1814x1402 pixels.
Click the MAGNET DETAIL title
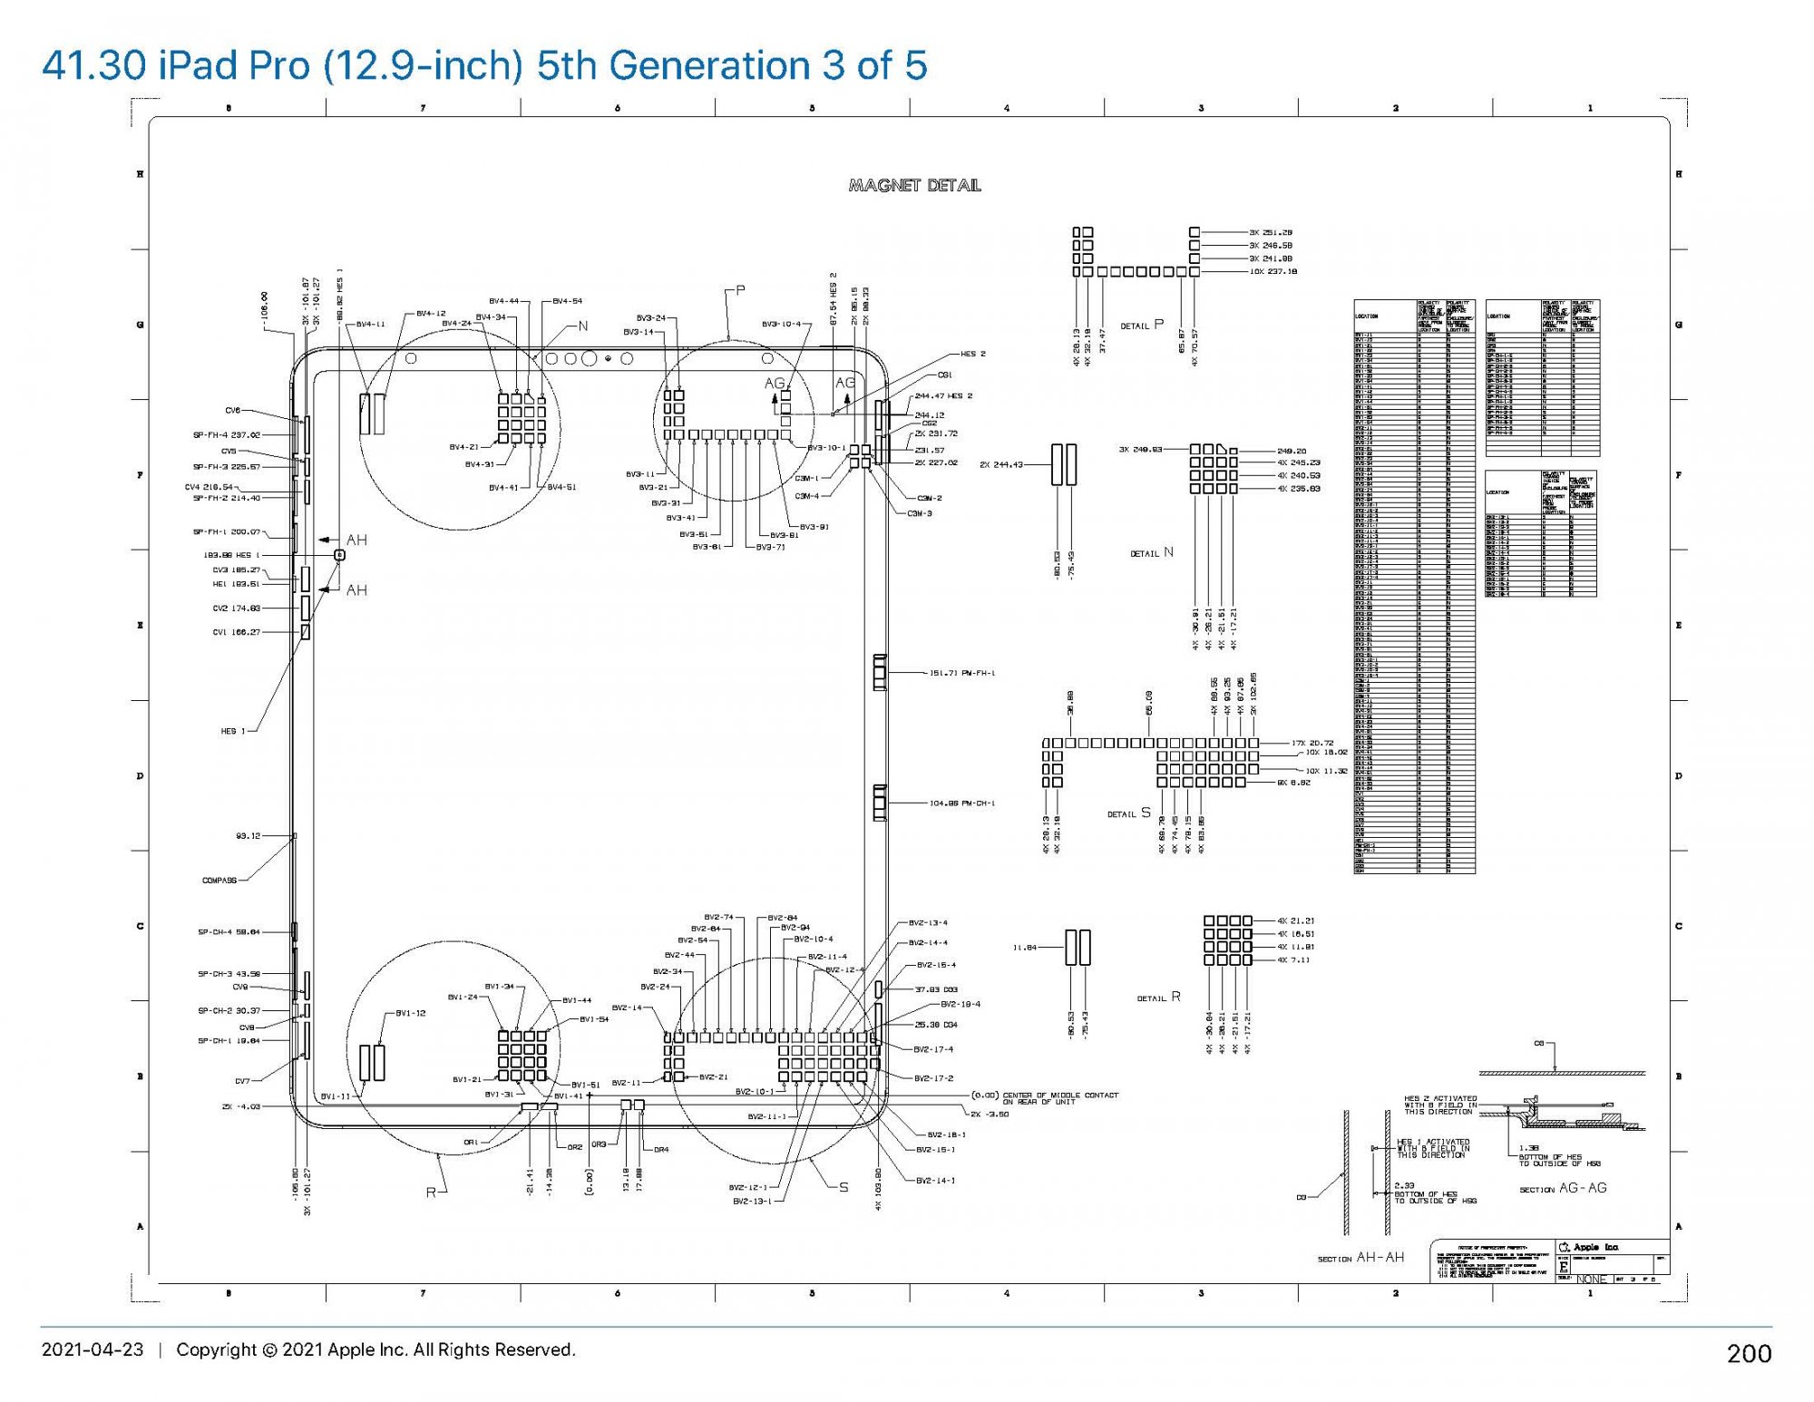[x=914, y=186]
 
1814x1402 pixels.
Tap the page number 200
[x=1749, y=1353]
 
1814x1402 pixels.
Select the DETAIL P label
[x=1141, y=326]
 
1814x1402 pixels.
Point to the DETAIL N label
[x=1151, y=553]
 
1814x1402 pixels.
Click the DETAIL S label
[x=1128, y=813]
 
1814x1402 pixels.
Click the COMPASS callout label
[x=219, y=881]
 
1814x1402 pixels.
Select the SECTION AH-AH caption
[x=1360, y=1258]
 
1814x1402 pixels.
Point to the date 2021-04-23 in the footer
[x=93, y=1349]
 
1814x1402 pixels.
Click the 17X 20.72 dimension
[x=1313, y=743]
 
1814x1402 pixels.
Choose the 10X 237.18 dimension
[x=1273, y=271]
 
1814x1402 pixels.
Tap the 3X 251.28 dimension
[x=1271, y=232]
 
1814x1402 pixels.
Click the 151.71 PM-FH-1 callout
[x=962, y=673]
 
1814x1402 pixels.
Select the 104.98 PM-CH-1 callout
[x=962, y=803]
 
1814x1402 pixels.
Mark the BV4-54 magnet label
[x=567, y=301]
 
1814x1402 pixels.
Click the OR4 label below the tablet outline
[x=661, y=1150]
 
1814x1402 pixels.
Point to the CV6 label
[x=233, y=411]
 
